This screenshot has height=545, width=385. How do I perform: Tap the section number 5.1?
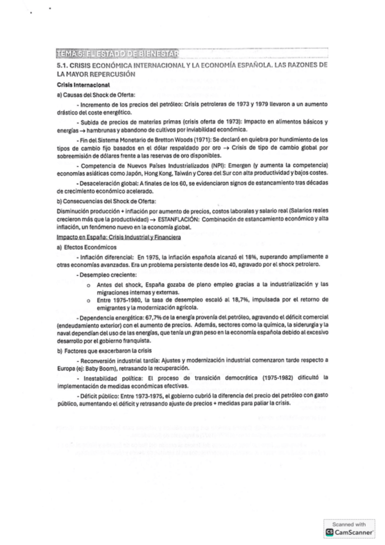click(65, 66)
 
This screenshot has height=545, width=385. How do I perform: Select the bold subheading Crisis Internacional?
click(84, 85)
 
